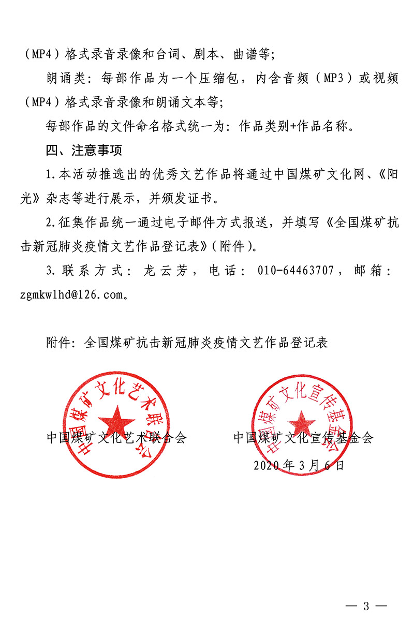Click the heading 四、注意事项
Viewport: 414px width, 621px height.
84,151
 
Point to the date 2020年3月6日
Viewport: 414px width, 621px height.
299,465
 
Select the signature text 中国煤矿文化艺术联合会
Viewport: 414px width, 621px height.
116,437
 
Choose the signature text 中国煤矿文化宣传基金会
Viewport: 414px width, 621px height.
303,437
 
